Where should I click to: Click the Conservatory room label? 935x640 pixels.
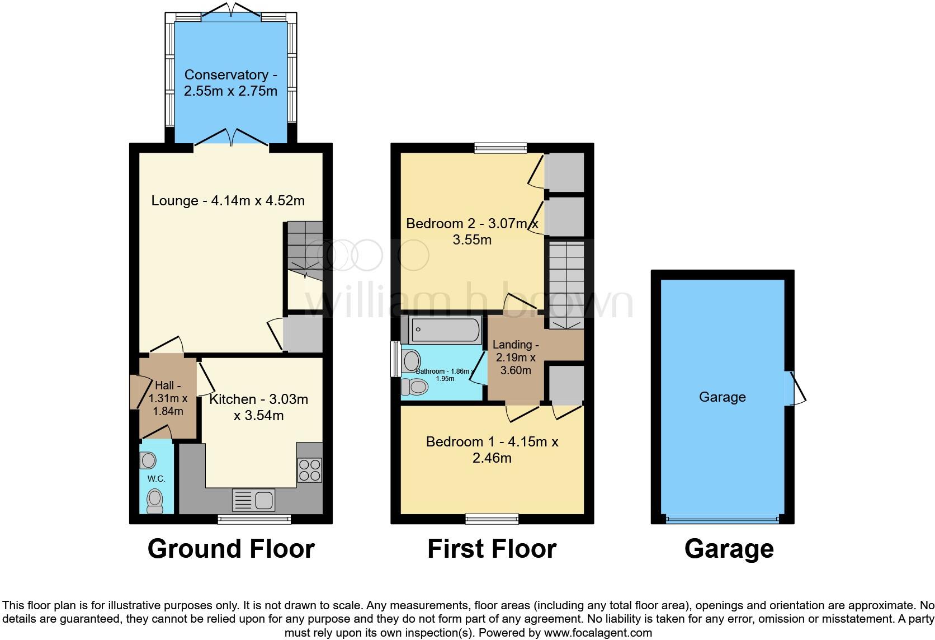230,83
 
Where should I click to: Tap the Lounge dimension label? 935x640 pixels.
228,200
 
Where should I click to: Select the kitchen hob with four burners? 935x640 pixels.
309,470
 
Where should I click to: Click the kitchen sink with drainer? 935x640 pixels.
254,500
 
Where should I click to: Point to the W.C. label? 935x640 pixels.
156,479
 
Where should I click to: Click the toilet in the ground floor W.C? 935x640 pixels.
154,501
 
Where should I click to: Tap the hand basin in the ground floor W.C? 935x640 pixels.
148,460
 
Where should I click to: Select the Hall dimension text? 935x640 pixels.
168,398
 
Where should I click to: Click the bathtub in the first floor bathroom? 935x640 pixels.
445,330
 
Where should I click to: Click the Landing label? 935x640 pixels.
516,357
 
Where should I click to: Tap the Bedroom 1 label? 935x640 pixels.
492,450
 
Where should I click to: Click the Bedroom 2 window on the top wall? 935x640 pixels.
500,148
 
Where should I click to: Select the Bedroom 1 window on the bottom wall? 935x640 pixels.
492,519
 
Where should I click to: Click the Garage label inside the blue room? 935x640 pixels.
722,397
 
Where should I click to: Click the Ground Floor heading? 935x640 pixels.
231,549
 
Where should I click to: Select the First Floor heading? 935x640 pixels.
492,549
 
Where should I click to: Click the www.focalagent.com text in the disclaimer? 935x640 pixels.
598,633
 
